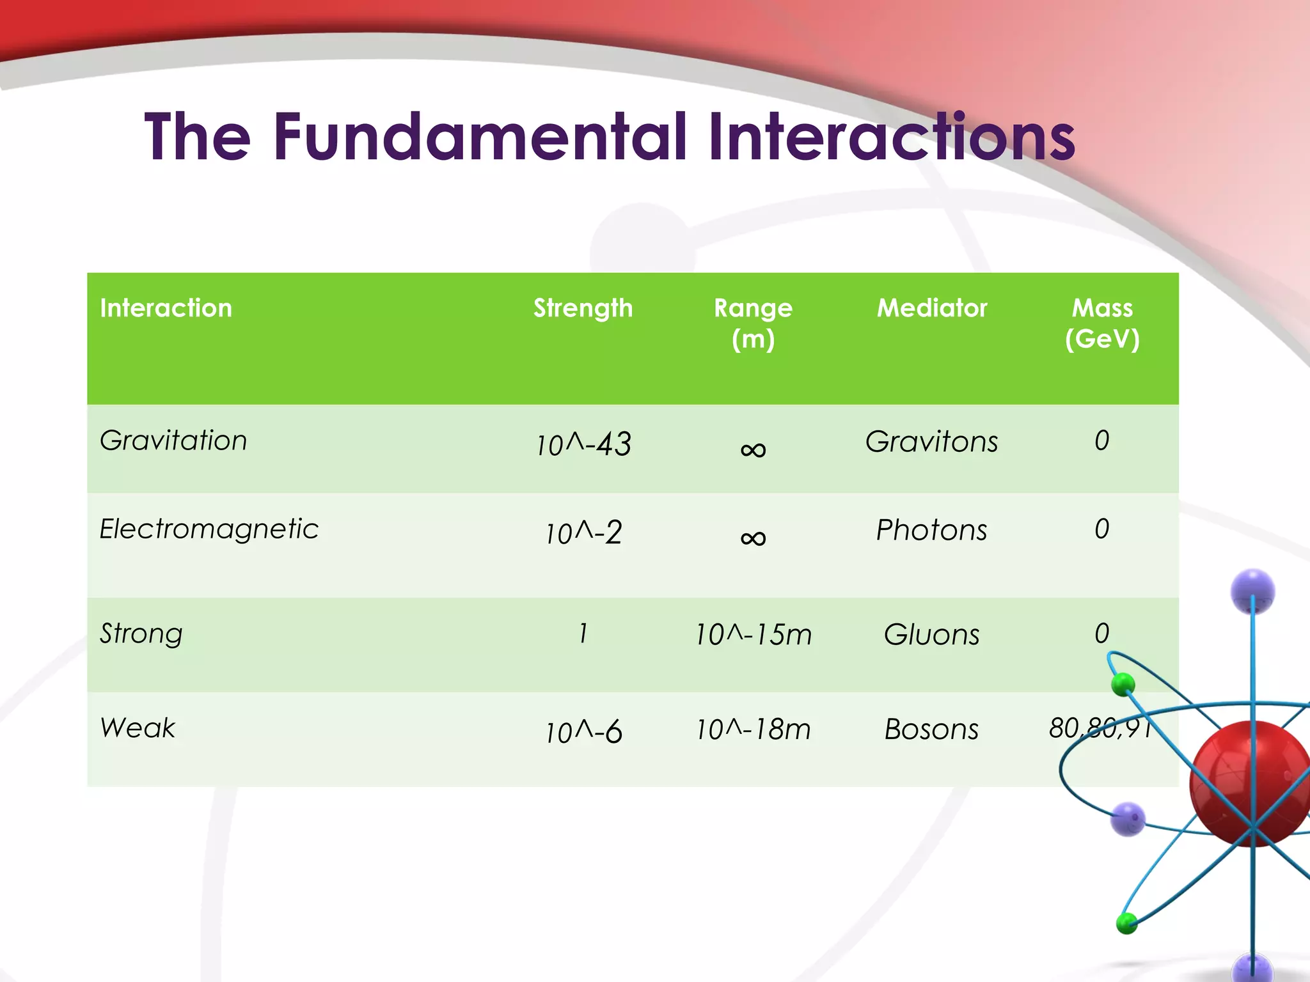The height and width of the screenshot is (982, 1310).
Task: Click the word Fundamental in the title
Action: (x=480, y=137)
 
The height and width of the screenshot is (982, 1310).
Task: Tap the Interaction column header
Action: (x=166, y=308)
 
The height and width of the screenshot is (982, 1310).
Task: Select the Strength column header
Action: (x=583, y=308)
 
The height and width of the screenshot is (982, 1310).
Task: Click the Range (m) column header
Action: (x=753, y=323)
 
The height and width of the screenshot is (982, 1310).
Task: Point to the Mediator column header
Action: (x=931, y=308)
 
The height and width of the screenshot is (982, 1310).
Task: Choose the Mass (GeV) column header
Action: (x=1101, y=323)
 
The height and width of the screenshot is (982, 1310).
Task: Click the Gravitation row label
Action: (x=173, y=440)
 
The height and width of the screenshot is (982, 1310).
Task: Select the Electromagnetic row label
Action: (x=209, y=529)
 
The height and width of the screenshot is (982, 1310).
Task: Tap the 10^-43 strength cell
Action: (x=583, y=444)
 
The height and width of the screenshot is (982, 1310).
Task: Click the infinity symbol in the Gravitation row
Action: (x=753, y=449)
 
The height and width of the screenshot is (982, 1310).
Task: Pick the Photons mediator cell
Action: (x=931, y=530)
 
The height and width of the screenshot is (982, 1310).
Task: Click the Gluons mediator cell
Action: (x=931, y=635)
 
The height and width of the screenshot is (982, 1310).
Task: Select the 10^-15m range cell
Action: (x=753, y=635)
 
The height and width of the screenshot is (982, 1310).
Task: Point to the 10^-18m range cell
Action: (x=753, y=729)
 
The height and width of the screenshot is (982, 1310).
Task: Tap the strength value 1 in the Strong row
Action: (x=583, y=634)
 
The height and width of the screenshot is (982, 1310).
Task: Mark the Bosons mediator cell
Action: (x=931, y=729)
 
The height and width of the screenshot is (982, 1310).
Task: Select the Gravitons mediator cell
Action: (x=931, y=442)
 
